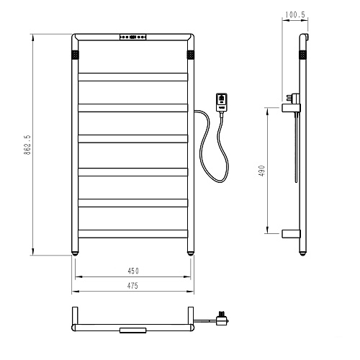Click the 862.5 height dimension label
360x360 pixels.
[27, 145]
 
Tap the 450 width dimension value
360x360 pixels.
[133, 271]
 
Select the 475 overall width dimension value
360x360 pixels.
[132, 286]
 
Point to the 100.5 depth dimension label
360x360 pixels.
[295, 15]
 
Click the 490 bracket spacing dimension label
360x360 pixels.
[262, 171]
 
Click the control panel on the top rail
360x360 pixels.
[133, 37]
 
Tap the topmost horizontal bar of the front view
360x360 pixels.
[133, 77]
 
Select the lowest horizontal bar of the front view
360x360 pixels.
[133, 234]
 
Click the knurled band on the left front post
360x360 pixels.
[75, 55]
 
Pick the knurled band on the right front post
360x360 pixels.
[191, 55]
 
